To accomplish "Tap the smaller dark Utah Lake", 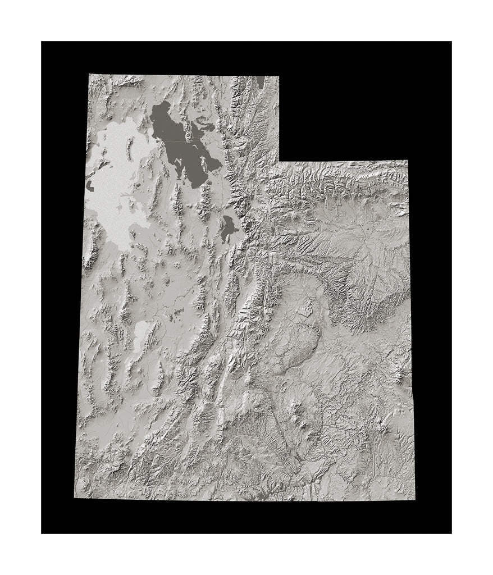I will [228, 228].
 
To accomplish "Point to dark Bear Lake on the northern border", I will [261, 82].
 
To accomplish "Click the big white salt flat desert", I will [115, 180].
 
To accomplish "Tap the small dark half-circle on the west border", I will [88, 186].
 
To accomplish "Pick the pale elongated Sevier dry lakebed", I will [140, 335].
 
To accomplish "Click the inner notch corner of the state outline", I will [279, 161].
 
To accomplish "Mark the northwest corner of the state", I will [89, 74].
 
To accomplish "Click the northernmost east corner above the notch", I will [279, 75].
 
